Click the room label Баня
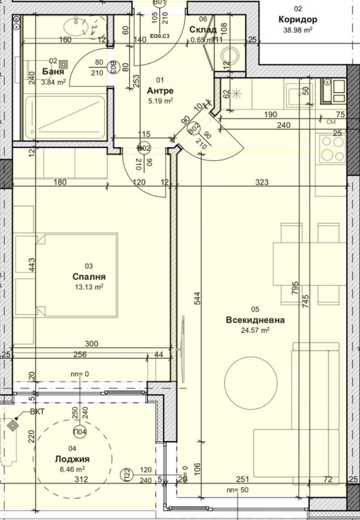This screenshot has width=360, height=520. (54, 72)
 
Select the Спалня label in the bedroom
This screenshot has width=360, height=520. (89, 276)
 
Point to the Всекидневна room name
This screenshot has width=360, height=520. (255, 320)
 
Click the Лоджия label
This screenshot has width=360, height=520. (72, 460)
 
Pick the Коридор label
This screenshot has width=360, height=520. (297, 20)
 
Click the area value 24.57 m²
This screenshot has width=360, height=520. (255, 330)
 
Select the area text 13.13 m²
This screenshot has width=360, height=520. (89, 287)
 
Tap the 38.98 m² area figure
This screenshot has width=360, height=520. (297, 30)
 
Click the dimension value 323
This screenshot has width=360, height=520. (261, 183)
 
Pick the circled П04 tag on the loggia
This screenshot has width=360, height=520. (80, 430)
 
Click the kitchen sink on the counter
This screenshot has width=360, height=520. (295, 94)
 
